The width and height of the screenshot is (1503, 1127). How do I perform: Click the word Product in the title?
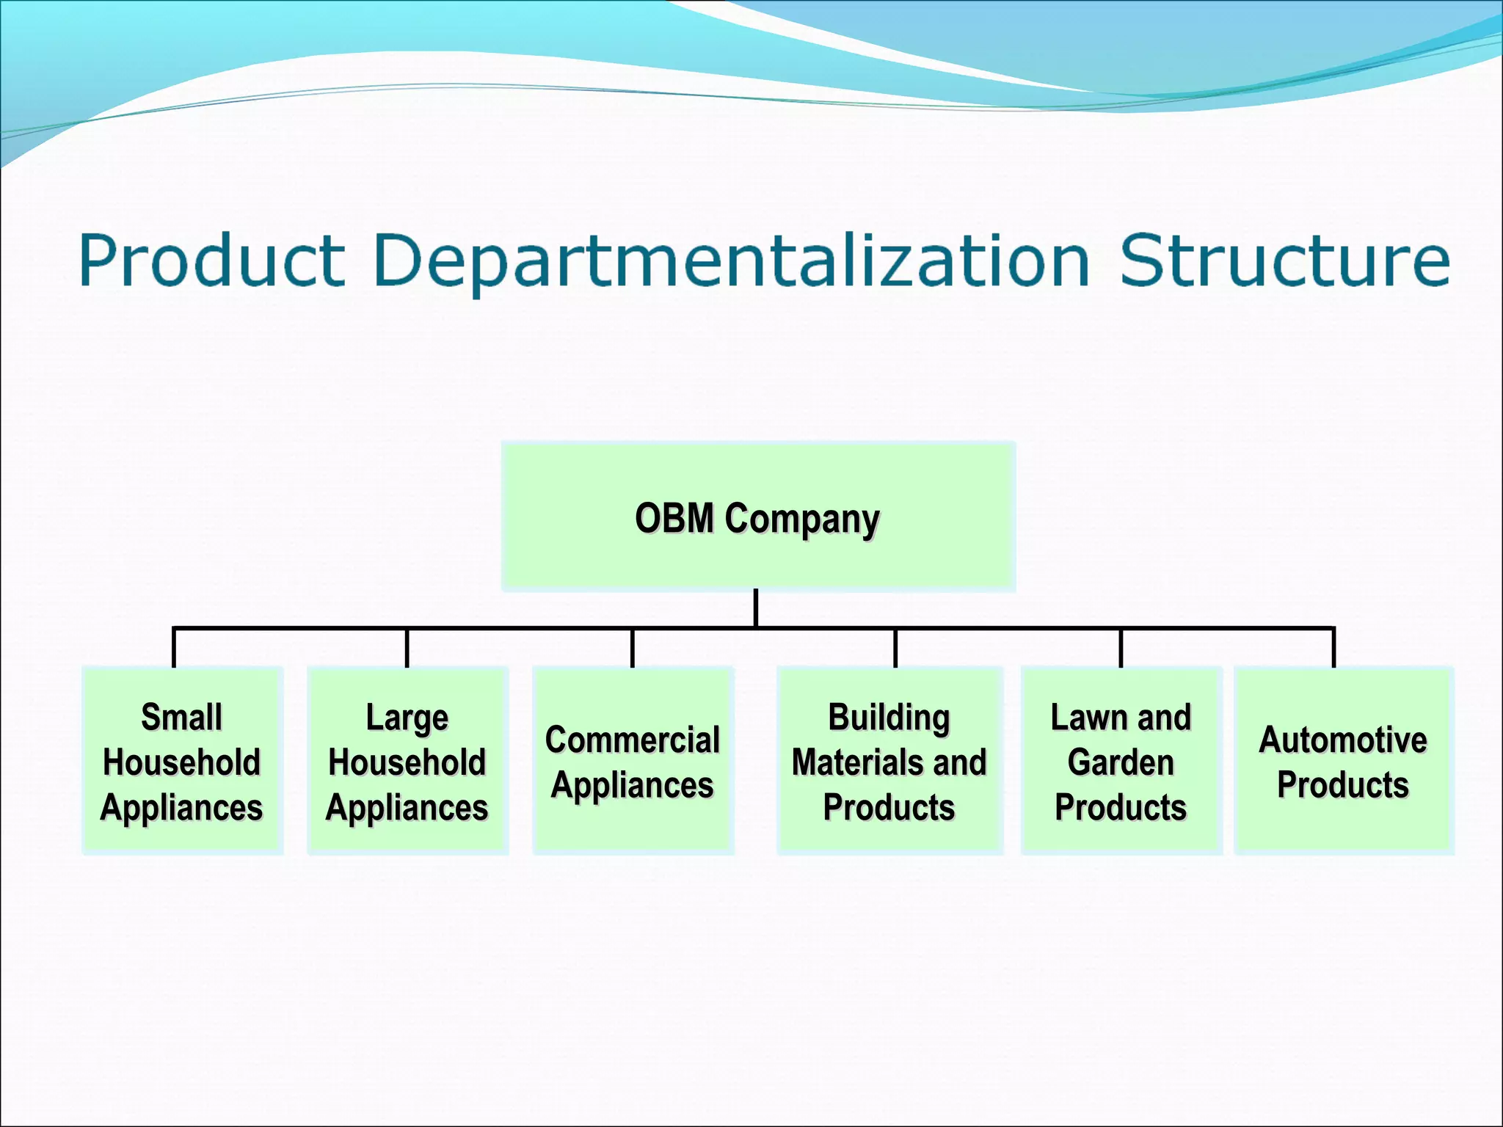coord(211,260)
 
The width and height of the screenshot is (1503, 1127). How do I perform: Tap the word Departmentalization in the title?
coord(732,260)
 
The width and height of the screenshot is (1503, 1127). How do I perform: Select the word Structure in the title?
coord(1284,260)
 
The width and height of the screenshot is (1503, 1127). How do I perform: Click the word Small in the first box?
coord(181,717)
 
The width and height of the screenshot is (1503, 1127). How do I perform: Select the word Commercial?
coord(632,740)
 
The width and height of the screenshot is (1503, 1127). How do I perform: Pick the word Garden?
coord(1121,762)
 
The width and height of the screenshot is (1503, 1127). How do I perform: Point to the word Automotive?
coord(1343,740)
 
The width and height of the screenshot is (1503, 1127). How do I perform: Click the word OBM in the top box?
coord(674,518)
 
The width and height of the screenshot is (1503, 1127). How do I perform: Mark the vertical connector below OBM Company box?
coord(756,608)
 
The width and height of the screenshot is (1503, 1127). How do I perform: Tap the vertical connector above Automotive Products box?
coord(1333,647)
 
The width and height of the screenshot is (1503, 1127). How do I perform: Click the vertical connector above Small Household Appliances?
coord(174,647)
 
